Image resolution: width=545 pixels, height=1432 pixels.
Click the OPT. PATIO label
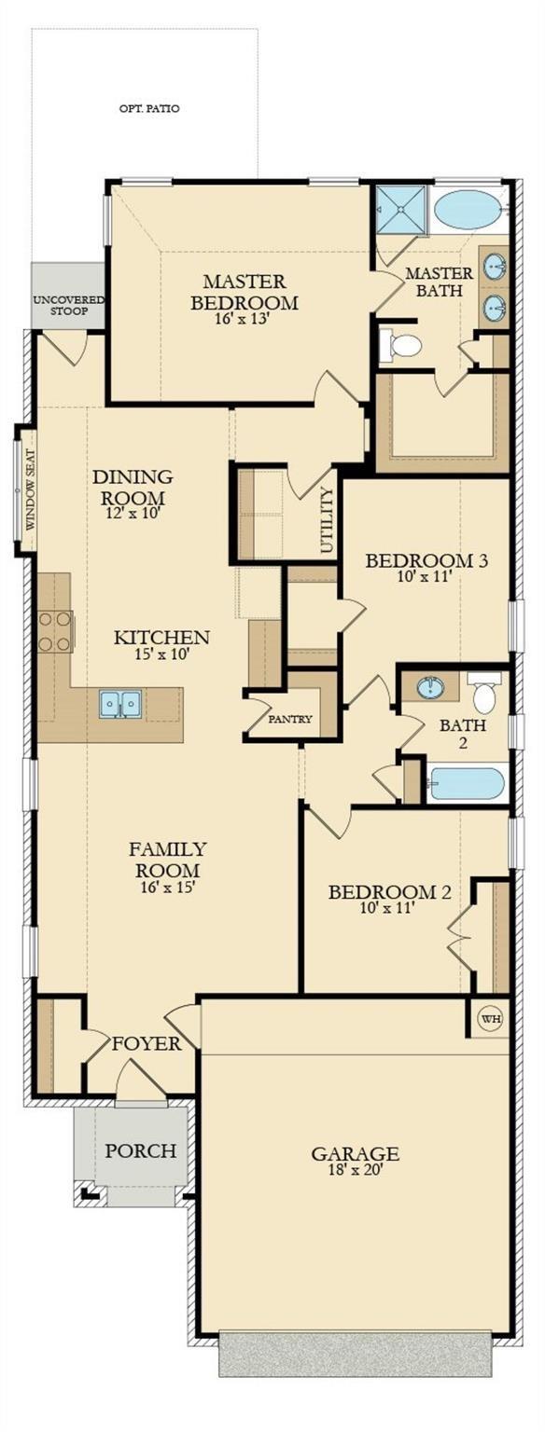(x=149, y=109)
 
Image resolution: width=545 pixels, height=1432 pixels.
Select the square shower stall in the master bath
(x=401, y=211)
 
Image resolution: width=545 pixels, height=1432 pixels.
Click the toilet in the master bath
(x=401, y=345)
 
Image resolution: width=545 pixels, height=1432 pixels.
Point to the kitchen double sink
(x=120, y=705)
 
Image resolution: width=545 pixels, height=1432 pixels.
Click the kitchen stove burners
(x=54, y=631)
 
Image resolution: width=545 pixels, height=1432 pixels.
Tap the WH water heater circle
(x=491, y=1018)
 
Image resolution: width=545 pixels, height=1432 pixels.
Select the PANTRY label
(x=290, y=719)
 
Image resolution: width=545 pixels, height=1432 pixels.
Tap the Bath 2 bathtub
(x=468, y=783)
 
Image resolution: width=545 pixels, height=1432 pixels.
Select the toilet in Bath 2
(x=485, y=693)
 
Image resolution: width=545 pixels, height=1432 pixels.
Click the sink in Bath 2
(x=431, y=688)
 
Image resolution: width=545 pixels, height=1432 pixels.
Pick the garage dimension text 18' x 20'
(x=355, y=1169)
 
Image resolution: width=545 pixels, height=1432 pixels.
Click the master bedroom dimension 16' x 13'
(x=244, y=319)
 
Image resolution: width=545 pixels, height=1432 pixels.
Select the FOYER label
(x=147, y=1043)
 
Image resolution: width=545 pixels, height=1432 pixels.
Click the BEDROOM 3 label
(x=426, y=560)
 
